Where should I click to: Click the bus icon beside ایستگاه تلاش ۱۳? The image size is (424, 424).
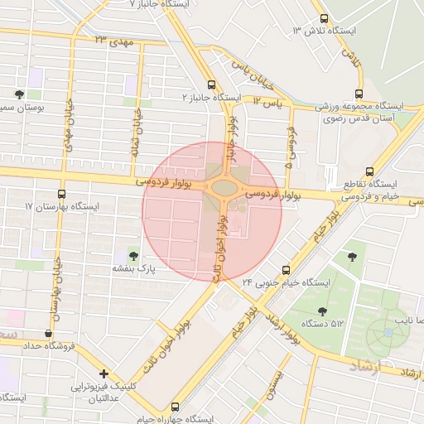point(323,18)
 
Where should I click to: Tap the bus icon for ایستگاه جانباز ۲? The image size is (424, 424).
point(212,84)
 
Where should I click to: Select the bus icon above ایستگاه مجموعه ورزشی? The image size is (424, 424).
point(358,94)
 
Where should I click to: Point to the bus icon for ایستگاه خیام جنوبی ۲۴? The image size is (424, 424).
point(287,270)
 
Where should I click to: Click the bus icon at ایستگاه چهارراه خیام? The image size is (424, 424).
point(175,407)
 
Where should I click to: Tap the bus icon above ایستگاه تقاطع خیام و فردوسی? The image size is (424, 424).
point(369,171)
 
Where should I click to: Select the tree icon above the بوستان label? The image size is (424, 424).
point(19,94)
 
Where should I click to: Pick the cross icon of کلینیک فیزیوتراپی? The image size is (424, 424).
point(104,373)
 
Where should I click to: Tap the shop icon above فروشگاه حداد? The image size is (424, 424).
point(50,333)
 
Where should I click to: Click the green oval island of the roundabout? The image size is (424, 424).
point(224,187)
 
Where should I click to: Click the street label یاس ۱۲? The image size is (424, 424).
point(268,101)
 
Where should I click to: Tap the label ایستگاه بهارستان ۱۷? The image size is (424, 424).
point(61,206)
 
